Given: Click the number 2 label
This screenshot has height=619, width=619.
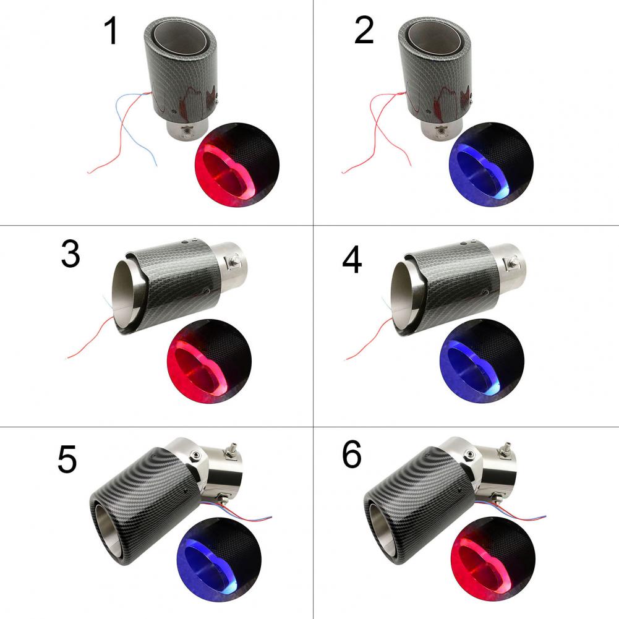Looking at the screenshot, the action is (x=364, y=30).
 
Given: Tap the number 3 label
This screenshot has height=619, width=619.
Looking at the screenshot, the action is (x=70, y=255).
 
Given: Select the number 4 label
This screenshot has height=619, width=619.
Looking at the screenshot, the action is (x=352, y=260).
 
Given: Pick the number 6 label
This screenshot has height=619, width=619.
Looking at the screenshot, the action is (x=352, y=455).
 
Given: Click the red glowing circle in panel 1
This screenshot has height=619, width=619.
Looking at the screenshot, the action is (x=237, y=164).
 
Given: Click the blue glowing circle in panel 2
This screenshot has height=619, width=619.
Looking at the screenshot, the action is (x=491, y=164).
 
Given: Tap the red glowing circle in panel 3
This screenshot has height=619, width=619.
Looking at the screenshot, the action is (x=210, y=361).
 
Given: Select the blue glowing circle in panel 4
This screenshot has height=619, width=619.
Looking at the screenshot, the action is (x=482, y=361).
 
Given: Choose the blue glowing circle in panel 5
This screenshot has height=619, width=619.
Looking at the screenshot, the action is (x=219, y=560).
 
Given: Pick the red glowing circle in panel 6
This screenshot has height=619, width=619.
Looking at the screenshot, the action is (x=493, y=560).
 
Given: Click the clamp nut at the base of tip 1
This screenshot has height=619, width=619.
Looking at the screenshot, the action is (x=185, y=132).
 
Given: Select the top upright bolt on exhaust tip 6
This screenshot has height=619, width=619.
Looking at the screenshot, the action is (x=505, y=449).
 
